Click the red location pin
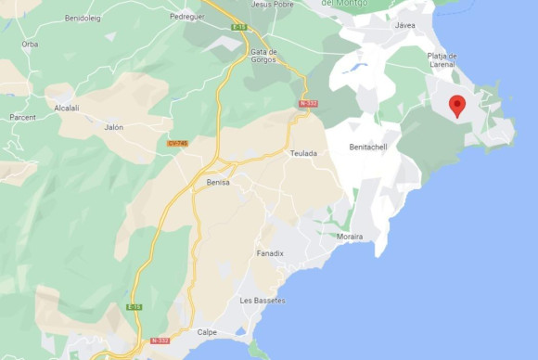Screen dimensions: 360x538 [x=456, y=105]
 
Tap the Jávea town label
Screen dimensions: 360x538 [x=405, y=25]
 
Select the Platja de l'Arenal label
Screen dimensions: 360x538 [x=442, y=60]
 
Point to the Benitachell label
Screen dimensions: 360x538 [x=367, y=148]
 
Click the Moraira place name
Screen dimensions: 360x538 [x=350, y=237]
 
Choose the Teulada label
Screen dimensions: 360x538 [x=303, y=153]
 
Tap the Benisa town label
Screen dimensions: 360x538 [x=218, y=183]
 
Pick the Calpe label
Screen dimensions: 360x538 [x=208, y=332]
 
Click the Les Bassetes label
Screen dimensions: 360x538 [x=263, y=301]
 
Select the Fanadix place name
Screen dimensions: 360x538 [x=270, y=252]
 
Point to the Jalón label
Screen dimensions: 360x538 [x=114, y=127]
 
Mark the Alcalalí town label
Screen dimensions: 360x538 [x=68, y=108]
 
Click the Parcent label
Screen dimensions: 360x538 [x=23, y=118]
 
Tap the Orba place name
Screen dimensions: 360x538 [x=31, y=44]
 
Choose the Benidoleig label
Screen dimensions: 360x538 [x=83, y=18]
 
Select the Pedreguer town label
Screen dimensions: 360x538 [x=186, y=17]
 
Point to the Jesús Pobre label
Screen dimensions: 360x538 [x=273, y=4]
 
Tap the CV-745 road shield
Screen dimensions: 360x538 [x=177, y=143]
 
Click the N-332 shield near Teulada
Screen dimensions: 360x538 [x=308, y=104]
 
